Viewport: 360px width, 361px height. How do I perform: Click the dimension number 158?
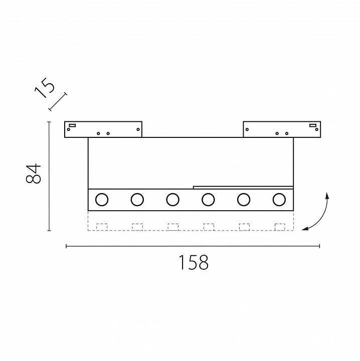(193, 262)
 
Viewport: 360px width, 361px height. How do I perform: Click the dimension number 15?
(45, 89)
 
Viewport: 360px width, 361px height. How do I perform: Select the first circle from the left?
(102, 200)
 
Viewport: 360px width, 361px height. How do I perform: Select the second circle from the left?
(137, 200)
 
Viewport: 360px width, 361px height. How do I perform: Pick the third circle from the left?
(172, 200)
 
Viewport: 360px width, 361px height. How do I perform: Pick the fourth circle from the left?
(208, 200)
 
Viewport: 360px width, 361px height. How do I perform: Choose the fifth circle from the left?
(244, 200)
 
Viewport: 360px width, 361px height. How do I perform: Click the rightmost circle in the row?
(279, 200)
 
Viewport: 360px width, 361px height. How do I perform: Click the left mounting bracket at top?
(103, 129)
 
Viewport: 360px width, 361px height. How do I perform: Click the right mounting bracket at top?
(281, 129)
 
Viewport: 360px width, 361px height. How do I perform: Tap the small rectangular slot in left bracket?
(72, 125)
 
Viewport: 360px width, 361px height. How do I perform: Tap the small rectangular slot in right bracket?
(312, 125)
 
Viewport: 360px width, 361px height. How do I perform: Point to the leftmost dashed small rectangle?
(102, 227)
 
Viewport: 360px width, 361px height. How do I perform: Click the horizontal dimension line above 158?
(193, 246)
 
